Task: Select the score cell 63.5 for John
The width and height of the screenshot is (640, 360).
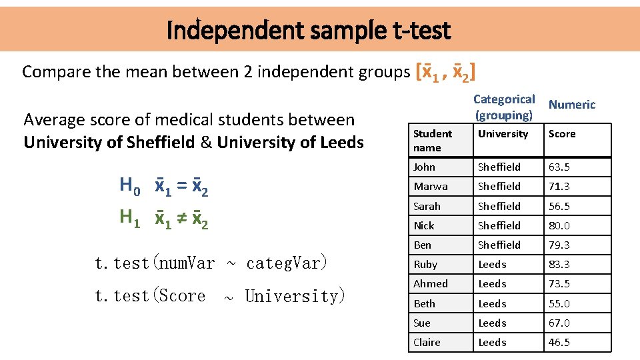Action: [559, 167]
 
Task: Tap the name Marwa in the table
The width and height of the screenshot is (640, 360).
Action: [431, 187]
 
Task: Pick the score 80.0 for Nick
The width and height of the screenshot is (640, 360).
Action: [559, 225]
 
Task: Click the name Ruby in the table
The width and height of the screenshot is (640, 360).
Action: [425, 265]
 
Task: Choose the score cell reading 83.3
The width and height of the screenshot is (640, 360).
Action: [559, 265]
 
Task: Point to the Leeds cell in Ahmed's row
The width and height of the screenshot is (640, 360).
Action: [492, 284]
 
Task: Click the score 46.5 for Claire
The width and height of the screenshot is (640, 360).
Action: [559, 343]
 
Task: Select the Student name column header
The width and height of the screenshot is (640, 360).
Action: [433, 141]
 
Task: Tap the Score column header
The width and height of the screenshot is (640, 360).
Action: [561, 134]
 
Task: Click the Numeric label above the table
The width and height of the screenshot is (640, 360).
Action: [571, 105]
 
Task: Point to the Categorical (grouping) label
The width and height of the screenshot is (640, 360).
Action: [504, 107]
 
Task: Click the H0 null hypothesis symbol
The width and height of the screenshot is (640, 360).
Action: [129, 185]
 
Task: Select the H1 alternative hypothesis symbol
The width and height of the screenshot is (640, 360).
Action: [129, 217]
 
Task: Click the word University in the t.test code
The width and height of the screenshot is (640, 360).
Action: [294, 296]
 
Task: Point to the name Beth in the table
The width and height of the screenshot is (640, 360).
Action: [424, 304]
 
